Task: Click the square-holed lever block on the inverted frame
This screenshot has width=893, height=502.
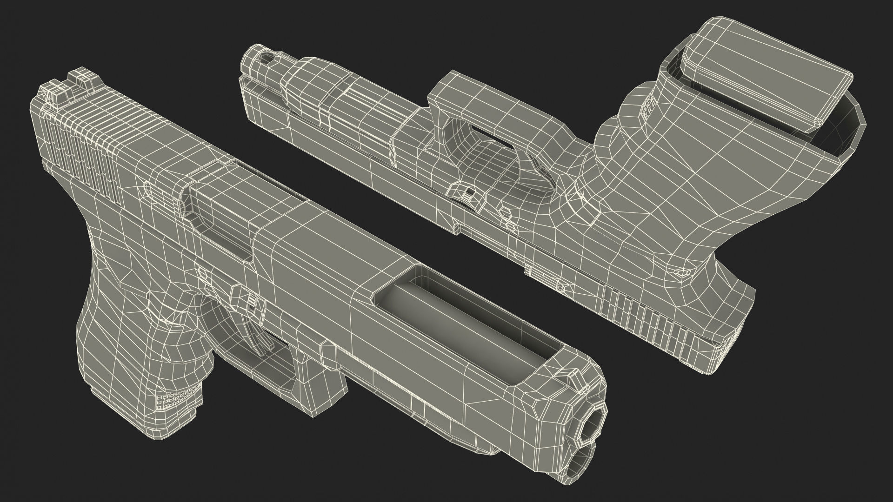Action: [466, 191]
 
